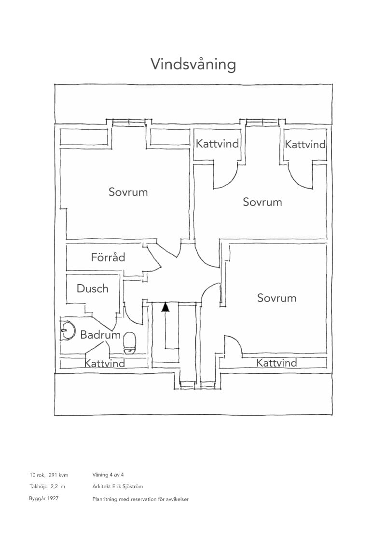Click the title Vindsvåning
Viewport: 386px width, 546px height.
(193, 65)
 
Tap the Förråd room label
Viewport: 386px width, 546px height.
(108, 257)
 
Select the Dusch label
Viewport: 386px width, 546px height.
(92, 288)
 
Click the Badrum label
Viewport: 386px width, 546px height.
(100, 335)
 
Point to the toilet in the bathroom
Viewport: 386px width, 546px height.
(130, 343)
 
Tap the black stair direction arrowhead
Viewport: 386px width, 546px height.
(165, 307)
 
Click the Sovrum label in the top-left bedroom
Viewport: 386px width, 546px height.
(128, 192)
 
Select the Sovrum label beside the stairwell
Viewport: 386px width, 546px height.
(276, 298)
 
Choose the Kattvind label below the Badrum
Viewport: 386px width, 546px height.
(105, 363)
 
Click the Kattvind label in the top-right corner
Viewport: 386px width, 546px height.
(305, 144)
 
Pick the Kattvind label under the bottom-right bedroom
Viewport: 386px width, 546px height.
(276, 363)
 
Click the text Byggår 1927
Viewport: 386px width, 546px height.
(44, 498)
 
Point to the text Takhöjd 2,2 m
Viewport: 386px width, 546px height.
(47, 487)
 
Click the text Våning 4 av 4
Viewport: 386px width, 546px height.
(108, 475)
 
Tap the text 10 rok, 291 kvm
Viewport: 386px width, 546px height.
(49, 475)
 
